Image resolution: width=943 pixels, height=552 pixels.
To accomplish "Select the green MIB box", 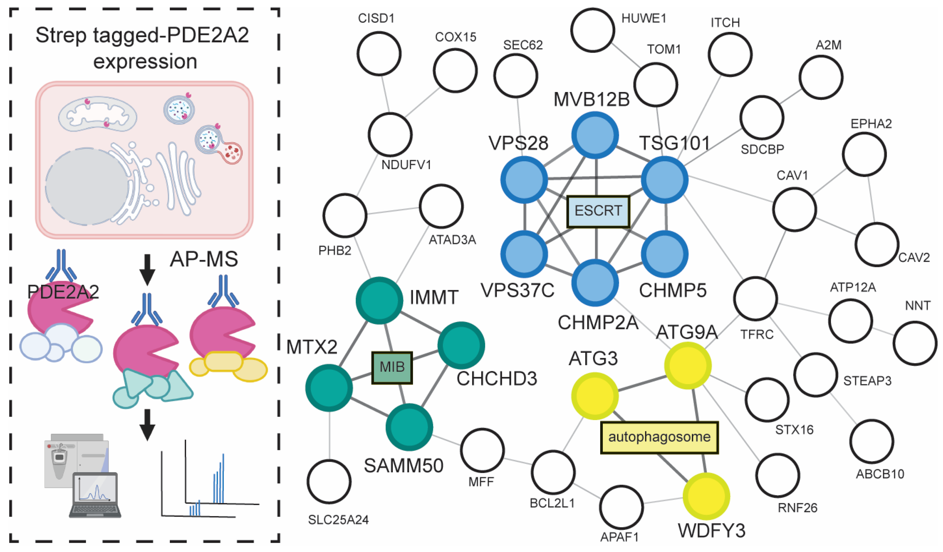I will click(x=392, y=367).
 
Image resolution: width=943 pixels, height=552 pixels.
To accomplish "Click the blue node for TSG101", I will click(x=665, y=180).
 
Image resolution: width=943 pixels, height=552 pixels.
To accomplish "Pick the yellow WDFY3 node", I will click(x=706, y=496).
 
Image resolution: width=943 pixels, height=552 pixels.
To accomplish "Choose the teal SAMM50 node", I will click(x=409, y=427).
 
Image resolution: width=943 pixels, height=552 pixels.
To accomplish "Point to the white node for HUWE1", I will click(x=593, y=30).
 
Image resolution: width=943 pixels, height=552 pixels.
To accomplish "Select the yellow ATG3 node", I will click(x=594, y=396).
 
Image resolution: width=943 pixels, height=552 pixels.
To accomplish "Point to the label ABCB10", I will click(x=880, y=474).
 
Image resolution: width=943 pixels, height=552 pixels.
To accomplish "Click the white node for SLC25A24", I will click(x=329, y=482).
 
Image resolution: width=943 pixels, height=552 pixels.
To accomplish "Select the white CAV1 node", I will click(x=794, y=209).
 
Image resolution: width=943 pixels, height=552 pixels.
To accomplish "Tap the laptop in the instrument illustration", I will click(x=95, y=495).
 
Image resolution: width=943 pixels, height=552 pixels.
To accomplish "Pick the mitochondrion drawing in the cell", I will click(x=97, y=114).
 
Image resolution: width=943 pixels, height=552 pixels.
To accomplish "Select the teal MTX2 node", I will click(x=329, y=388).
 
